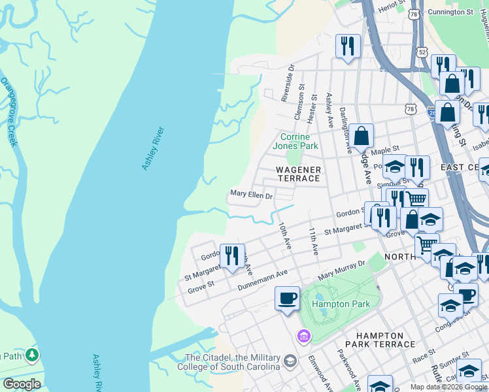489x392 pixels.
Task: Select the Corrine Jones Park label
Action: point(299,141)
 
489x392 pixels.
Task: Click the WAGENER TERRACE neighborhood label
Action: point(298,174)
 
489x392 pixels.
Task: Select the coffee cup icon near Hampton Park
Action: point(286,299)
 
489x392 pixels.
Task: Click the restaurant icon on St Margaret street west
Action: point(232,255)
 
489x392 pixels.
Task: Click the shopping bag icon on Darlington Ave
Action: point(361,136)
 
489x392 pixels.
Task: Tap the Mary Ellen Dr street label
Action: point(251,195)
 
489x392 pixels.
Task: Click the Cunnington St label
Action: point(450,12)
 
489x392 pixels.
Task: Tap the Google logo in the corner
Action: point(22,384)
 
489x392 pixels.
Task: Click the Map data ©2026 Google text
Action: point(448,387)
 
